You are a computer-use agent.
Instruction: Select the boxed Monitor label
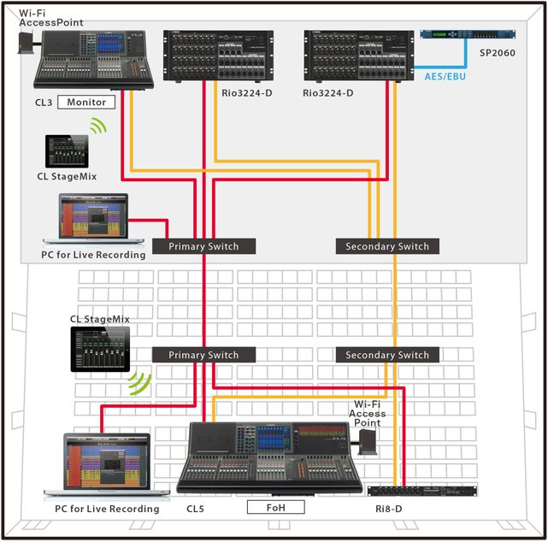click(x=86, y=103)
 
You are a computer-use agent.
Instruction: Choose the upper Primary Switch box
click(x=203, y=246)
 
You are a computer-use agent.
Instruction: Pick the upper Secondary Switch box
click(x=386, y=246)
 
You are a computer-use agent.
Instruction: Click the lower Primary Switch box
click(x=203, y=355)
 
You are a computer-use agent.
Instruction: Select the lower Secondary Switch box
click(x=386, y=355)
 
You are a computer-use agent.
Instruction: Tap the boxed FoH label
click(x=276, y=507)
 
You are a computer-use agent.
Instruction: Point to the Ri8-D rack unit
click(x=422, y=491)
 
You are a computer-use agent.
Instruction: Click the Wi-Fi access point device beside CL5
click(x=368, y=442)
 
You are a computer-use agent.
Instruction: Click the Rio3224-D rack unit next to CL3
click(x=219, y=56)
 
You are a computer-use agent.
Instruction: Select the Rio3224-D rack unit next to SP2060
click(x=359, y=56)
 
